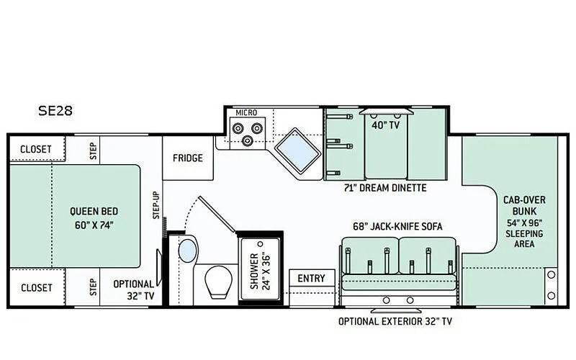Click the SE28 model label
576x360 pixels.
pyautogui.click(x=55, y=111)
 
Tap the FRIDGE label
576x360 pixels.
pyautogui.click(x=188, y=158)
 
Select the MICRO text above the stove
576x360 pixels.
pyautogui.click(x=246, y=113)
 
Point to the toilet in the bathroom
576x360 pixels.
pyautogui.click(x=219, y=282)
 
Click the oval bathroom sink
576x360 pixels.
pyautogui.click(x=188, y=251)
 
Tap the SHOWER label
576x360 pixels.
pyautogui.click(x=254, y=271)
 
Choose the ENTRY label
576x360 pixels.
pyautogui.click(x=311, y=279)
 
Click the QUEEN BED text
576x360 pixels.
pyautogui.click(x=94, y=212)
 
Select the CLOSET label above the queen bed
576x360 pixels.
pyautogui.click(x=35, y=150)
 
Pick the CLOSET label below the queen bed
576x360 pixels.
pyautogui.click(x=37, y=287)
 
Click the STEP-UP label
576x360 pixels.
pyautogui.click(x=156, y=205)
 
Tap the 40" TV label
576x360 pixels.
pyautogui.click(x=385, y=125)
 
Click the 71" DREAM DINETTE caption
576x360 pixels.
pyautogui.click(x=385, y=188)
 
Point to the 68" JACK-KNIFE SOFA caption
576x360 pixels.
pyautogui.click(x=397, y=226)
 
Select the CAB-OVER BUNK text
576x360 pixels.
pyautogui.click(x=524, y=206)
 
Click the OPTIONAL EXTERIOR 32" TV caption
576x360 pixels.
pyautogui.click(x=395, y=321)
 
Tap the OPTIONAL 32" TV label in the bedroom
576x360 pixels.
pyautogui.click(x=134, y=290)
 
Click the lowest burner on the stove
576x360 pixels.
pyautogui.click(x=247, y=140)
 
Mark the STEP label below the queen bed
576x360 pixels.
pyautogui.click(x=94, y=287)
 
